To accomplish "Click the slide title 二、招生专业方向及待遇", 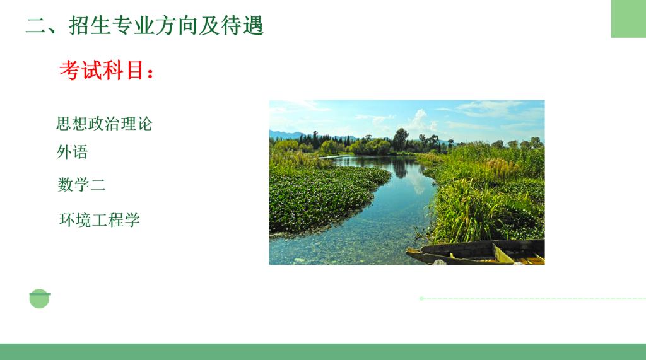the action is click(x=144, y=25).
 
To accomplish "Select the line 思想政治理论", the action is click(x=104, y=124).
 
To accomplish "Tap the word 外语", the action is click(x=72, y=152).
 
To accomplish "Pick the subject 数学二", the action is click(x=81, y=184).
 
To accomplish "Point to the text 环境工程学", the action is click(x=100, y=219).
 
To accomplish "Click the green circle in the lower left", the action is click(x=40, y=299).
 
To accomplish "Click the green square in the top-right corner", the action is click(x=628, y=18).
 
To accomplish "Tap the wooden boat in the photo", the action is click(x=476, y=252).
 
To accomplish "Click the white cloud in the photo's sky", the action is click(x=420, y=119).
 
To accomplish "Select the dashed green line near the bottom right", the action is click(x=532, y=298).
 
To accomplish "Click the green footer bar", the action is click(x=323, y=352).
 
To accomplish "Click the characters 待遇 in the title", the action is click(x=242, y=25).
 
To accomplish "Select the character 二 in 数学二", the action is click(x=98, y=185).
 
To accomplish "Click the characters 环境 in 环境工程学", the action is click(x=76, y=219).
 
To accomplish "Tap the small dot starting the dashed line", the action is click(x=421, y=298).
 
